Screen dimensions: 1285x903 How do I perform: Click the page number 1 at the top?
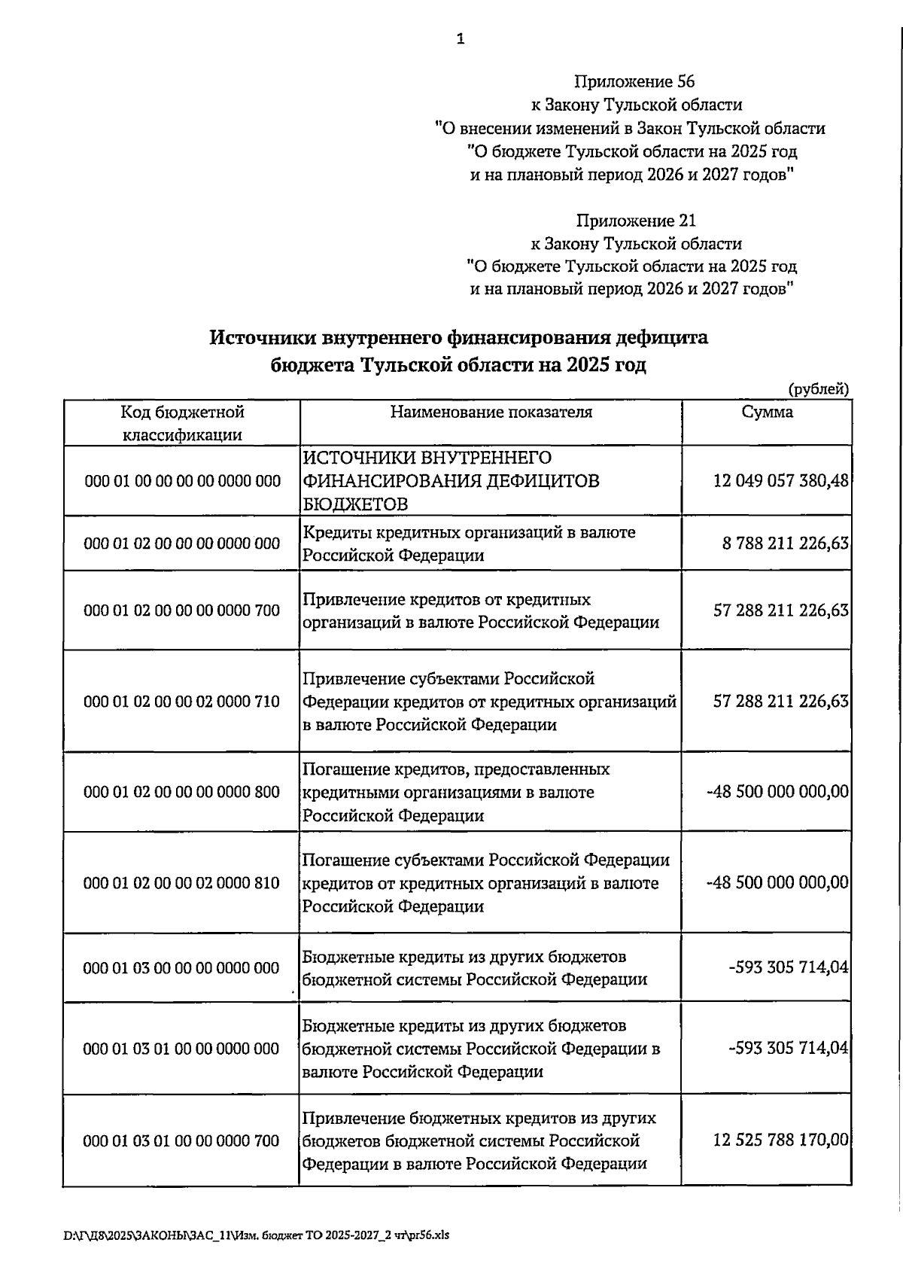(460, 39)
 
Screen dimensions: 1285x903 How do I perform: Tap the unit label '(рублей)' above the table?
(819, 389)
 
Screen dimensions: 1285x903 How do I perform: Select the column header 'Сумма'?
(767, 413)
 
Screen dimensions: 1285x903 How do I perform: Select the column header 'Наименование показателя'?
(491, 413)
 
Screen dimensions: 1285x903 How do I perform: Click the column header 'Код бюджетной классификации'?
(182, 423)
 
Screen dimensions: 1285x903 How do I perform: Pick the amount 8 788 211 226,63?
(786, 544)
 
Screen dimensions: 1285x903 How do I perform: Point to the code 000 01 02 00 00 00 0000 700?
(182, 611)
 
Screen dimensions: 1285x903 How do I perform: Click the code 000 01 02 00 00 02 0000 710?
(182, 702)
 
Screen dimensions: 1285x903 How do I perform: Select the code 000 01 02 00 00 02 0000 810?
(182, 883)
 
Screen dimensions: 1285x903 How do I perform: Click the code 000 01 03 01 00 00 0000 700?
(181, 1141)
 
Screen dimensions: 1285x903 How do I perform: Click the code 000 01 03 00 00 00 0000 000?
(181, 968)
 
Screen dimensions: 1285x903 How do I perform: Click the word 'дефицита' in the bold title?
(661, 338)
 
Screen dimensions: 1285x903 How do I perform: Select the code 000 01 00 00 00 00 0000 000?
(183, 481)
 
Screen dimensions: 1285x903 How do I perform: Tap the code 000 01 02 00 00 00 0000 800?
(182, 792)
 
